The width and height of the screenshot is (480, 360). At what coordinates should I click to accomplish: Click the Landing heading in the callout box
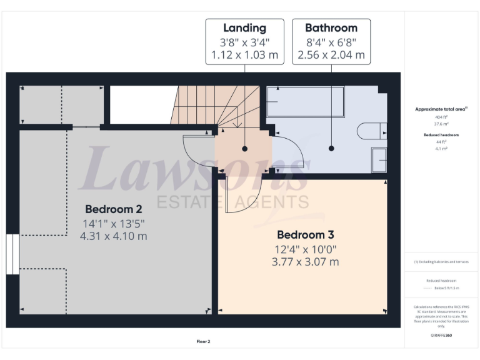point(244,28)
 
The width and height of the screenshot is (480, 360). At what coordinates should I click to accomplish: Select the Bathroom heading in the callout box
point(331,28)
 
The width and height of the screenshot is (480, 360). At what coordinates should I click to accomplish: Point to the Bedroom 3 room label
point(306,235)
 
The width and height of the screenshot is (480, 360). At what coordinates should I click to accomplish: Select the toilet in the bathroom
point(372,131)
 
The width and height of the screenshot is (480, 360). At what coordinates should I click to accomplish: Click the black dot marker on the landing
point(244,149)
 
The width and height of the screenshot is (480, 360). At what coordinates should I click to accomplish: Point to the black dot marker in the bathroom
point(331,149)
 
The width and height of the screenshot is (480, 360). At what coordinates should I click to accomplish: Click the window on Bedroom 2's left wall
point(12,254)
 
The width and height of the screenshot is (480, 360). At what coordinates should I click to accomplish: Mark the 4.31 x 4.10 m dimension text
point(114,236)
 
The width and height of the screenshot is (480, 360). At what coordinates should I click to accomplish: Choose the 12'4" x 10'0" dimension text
point(306,249)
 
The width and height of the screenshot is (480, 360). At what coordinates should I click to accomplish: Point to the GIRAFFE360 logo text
point(441,336)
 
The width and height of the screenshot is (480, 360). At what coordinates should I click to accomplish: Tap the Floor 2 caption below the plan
point(204,341)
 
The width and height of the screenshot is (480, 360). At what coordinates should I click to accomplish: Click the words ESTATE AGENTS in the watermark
point(232,201)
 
